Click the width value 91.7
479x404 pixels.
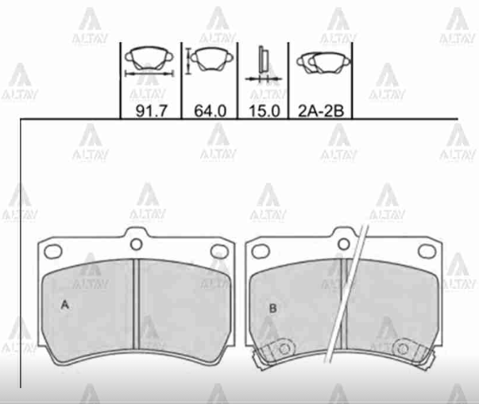(x=152, y=110)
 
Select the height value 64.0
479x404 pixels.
(x=211, y=110)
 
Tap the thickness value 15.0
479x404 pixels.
(x=265, y=110)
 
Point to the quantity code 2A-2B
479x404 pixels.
(x=321, y=111)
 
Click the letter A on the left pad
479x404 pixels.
(x=65, y=304)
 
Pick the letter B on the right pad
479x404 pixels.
(x=272, y=308)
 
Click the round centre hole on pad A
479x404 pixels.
(x=137, y=244)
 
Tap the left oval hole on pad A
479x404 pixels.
(x=53, y=252)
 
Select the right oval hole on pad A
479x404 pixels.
(x=220, y=252)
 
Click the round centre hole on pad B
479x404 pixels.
(x=344, y=244)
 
